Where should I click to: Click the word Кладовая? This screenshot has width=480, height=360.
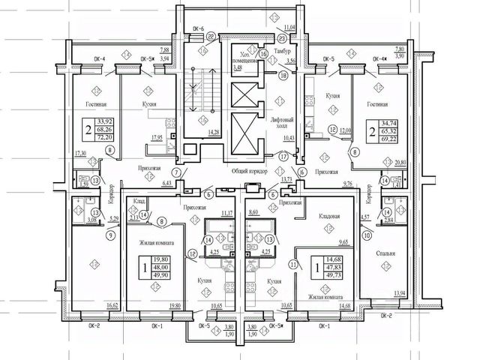[x=330, y=217]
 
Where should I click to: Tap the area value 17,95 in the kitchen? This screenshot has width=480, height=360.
[x=156, y=138]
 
